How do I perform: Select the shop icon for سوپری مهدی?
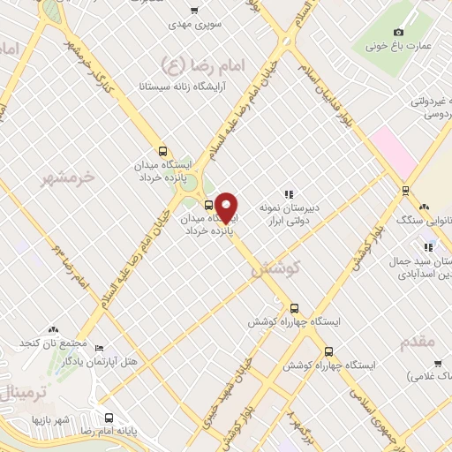194,11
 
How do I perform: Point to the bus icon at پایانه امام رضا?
108,418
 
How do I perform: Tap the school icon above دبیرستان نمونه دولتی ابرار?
288,193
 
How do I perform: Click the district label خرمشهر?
67,179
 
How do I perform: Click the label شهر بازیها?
50,418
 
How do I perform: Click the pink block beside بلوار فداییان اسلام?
393,150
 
